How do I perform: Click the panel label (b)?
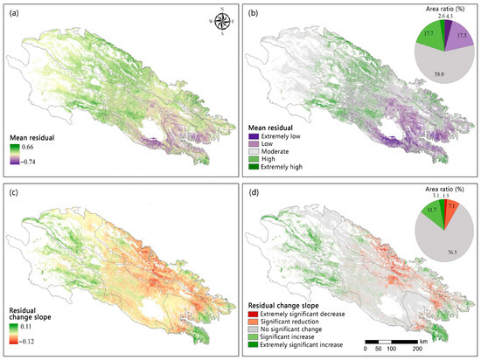(x=254, y=13)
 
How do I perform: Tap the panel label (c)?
(x=14, y=191)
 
